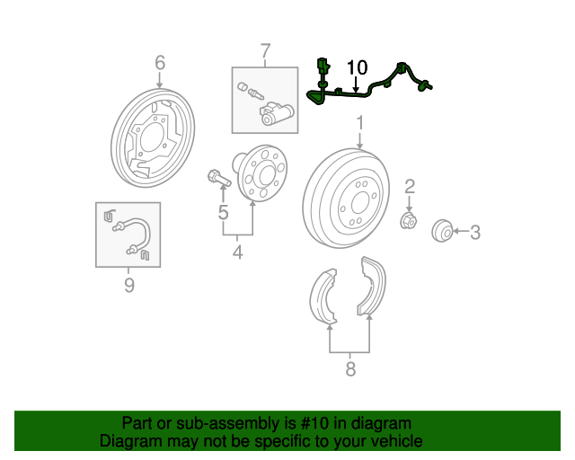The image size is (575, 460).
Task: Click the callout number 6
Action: pyautogui.click(x=160, y=63)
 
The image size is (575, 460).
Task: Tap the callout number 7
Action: pyautogui.click(x=265, y=50)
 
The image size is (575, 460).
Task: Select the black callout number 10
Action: pyautogui.click(x=357, y=68)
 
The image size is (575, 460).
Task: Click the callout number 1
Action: pyautogui.click(x=360, y=123)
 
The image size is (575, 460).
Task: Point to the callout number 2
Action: pyautogui.click(x=410, y=187)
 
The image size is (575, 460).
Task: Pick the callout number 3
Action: pyautogui.click(x=475, y=232)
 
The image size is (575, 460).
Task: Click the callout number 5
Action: pyautogui.click(x=223, y=212)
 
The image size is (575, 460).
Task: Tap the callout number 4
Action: pyautogui.click(x=237, y=252)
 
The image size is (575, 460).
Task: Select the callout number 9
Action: pyautogui.click(x=129, y=285)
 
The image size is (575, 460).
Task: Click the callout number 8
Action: pyautogui.click(x=350, y=368)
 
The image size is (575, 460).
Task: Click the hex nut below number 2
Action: pyautogui.click(x=408, y=220)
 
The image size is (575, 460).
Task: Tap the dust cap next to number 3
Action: pyautogui.click(x=442, y=231)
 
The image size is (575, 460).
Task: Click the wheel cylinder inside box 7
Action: pyautogui.click(x=277, y=113)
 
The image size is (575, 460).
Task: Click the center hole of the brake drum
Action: pyautogui.click(x=360, y=203)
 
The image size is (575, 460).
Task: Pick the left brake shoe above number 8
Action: pyautogui.click(x=323, y=296)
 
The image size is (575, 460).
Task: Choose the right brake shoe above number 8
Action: pyautogui.click(x=371, y=286)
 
